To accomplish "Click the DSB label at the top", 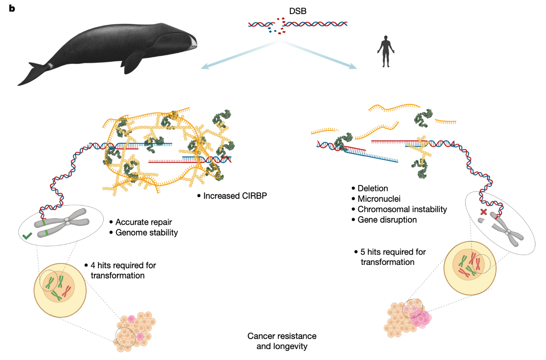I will coord(298,12).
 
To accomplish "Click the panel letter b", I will coord(12,9).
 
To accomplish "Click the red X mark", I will coord(483,212).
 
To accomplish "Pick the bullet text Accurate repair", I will coord(143,222).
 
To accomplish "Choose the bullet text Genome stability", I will coord(146,232).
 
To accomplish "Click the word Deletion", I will coord(373,189).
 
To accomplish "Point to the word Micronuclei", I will coord(378,199).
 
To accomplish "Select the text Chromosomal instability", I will coord(402,209).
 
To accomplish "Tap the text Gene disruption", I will coord(387,220).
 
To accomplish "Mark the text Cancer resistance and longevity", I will coord(282,341).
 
